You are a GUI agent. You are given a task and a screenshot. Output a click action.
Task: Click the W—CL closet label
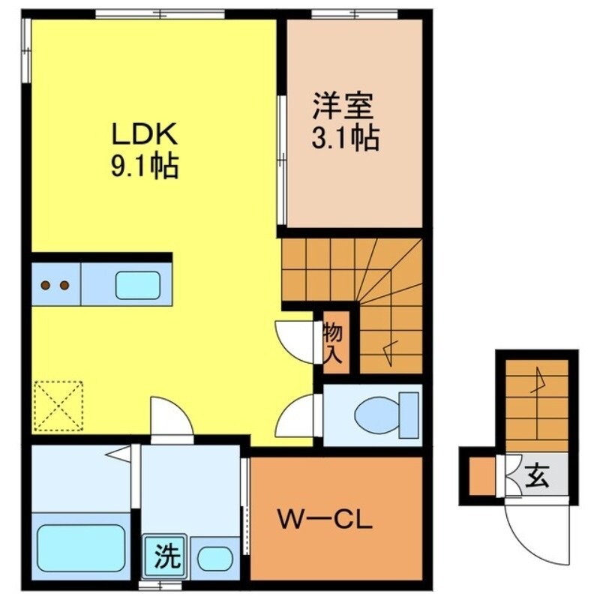(x=325, y=519)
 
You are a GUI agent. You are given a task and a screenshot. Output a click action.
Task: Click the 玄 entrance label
(x=536, y=475)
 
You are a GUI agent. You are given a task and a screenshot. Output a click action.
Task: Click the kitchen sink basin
(x=136, y=286)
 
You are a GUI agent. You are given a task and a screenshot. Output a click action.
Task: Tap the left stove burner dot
(x=46, y=285)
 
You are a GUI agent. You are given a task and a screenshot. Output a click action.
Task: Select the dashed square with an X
(x=58, y=406)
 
